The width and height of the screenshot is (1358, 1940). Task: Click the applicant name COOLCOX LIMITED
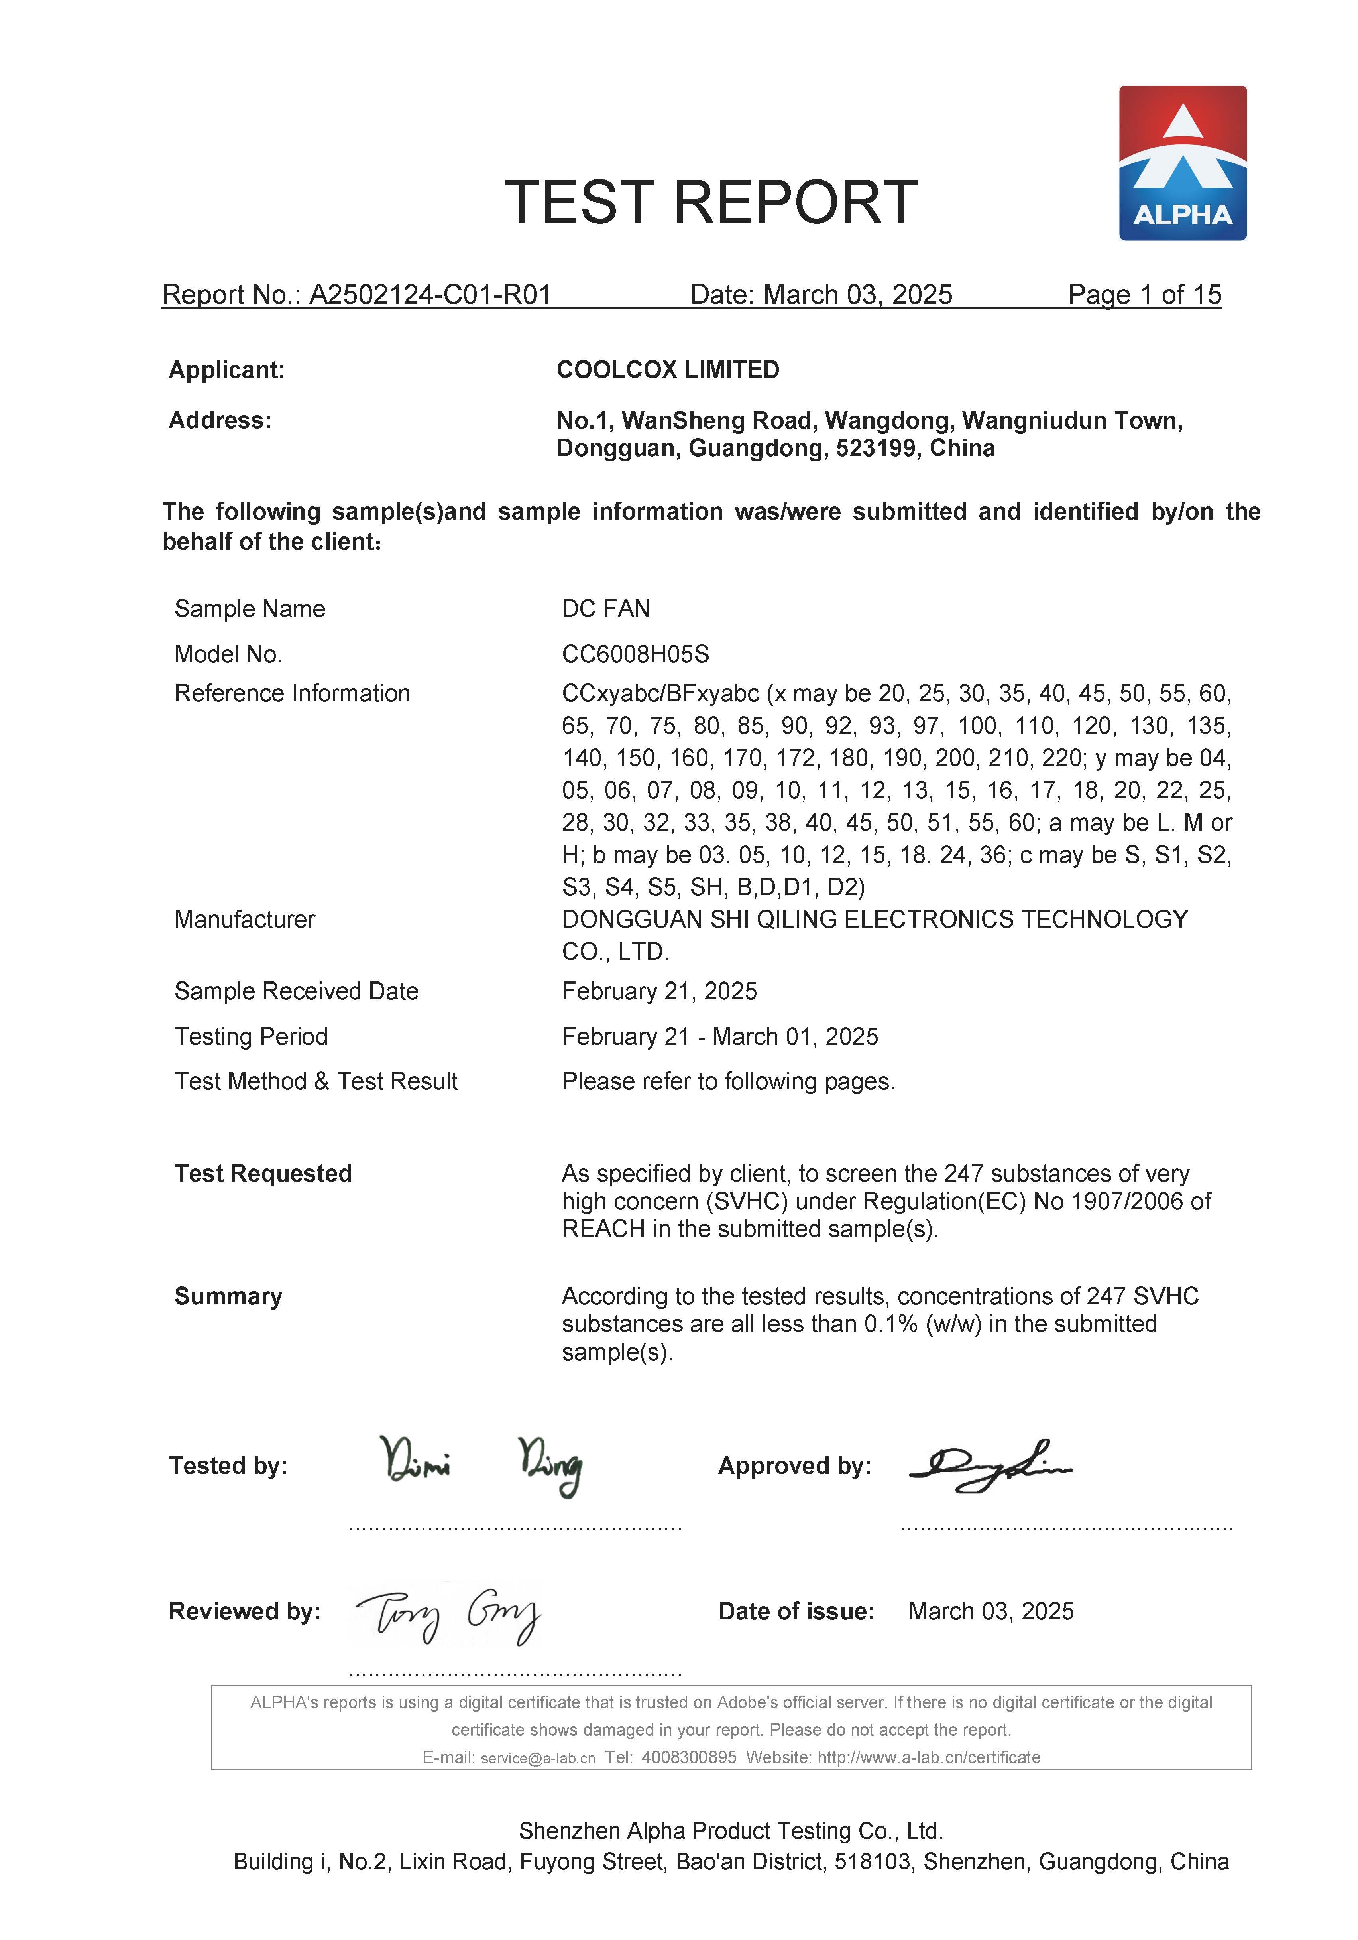[667, 370]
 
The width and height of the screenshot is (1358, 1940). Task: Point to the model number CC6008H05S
[635, 654]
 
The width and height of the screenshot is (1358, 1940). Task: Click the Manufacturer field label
[244, 919]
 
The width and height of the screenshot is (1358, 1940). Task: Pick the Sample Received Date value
[659, 991]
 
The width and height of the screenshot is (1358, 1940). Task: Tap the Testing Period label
[251, 1037]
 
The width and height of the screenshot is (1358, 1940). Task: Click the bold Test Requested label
[263, 1174]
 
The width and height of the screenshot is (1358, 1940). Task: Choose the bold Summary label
[228, 1296]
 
